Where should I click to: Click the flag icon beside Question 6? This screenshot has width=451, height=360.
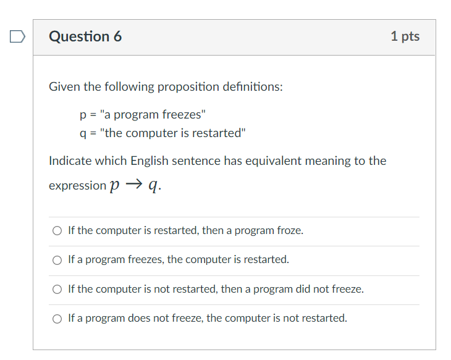coord(17,38)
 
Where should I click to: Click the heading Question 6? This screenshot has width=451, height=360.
coord(85,36)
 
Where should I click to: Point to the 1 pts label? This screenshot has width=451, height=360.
coord(405,36)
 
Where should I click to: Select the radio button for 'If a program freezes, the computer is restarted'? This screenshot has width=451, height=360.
coord(57,260)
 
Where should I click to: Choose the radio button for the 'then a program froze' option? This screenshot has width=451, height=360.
coord(57,231)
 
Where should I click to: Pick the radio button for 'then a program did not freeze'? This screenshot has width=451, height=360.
coord(57,289)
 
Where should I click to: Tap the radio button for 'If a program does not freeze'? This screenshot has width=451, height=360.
coord(57,319)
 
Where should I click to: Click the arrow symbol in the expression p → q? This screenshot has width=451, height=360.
coord(135,185)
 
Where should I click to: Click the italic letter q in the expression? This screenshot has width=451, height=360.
coord(154,186)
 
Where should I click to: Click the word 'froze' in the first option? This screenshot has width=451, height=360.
coord(290,230)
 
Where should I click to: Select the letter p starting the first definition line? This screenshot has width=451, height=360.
coord(83,115)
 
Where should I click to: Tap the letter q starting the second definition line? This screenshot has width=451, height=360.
coord(83,133)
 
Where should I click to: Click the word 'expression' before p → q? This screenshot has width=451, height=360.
coord(77,186)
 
